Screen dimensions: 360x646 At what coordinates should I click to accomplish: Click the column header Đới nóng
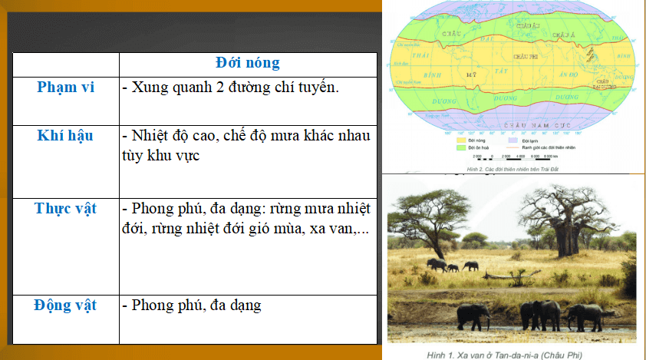pos(247,63)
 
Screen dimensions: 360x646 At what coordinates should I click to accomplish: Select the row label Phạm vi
pos(65,87)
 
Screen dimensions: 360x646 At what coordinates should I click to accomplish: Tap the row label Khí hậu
pos(65,136)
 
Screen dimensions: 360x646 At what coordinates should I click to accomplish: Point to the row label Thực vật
pos(65,209)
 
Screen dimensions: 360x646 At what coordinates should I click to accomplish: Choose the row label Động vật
pos(65,306)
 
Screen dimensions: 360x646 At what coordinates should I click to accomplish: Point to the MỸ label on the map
pos(473,74)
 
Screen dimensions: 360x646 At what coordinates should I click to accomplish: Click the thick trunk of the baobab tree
pos(568,235)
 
